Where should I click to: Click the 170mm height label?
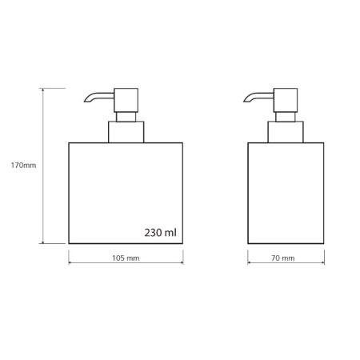pos(23,166)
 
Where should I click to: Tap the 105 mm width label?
pos(126,258)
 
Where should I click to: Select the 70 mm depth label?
pos(283,258)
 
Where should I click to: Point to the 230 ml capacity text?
pos(161,233)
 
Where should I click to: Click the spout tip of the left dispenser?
pos(85,101)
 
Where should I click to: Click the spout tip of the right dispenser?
pos(245,101)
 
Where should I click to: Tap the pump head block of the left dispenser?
pos(126,100)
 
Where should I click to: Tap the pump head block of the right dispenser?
pos(286,100)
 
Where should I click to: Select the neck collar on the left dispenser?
pos(126,132)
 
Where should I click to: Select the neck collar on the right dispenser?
pos(286,132)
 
